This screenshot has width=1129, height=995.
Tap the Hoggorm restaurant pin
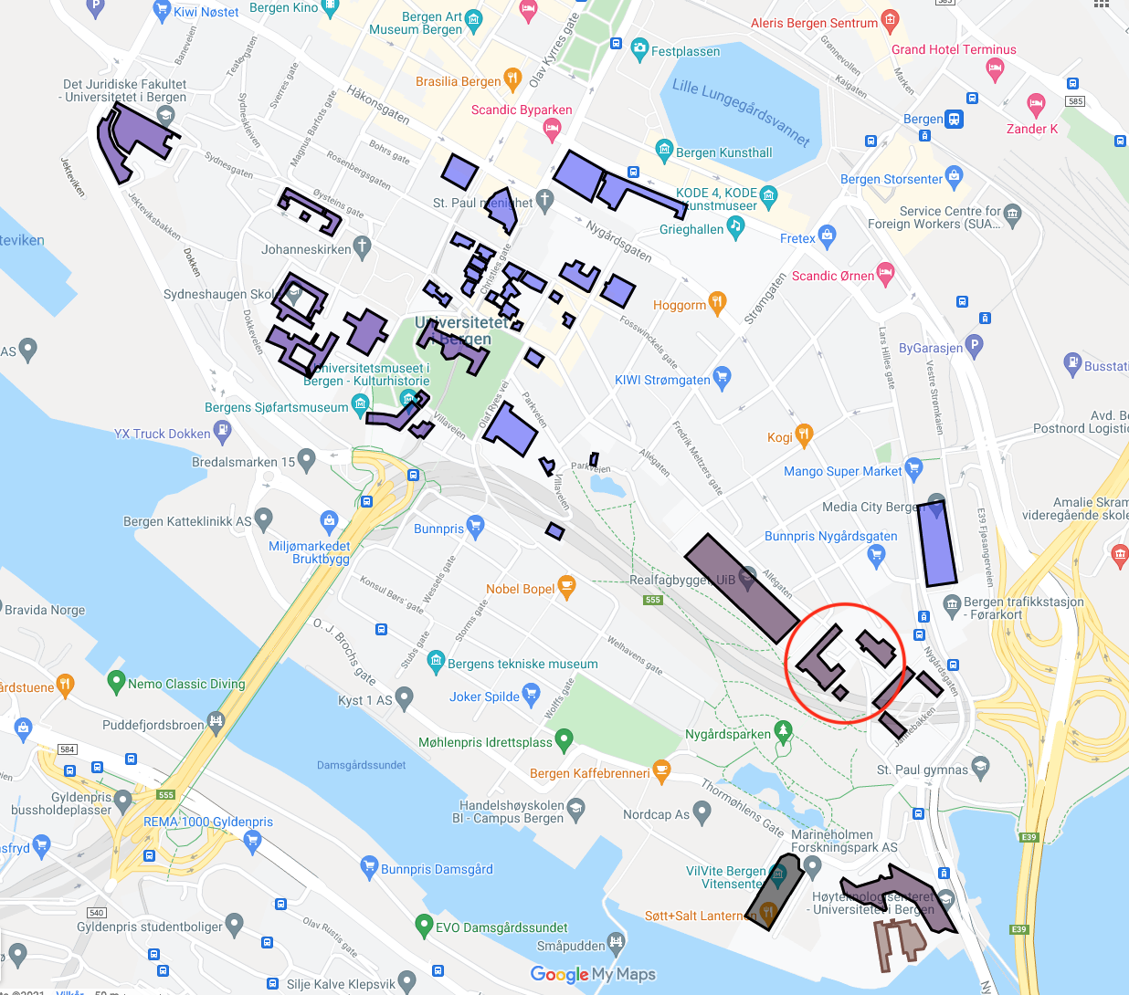[x=718, y=303]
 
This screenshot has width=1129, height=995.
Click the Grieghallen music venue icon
[x=735, y=227]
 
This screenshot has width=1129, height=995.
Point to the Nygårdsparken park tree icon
[x=783, y=730]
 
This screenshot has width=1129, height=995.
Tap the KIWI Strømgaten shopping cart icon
[x=722, y=377]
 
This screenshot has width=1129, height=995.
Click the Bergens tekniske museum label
[x=522, y=664]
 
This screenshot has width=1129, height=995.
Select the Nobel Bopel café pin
[x=566, y=587]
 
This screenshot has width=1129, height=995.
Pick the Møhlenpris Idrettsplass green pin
[x=564, y=739]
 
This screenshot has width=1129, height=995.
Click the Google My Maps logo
[x=593, y=974]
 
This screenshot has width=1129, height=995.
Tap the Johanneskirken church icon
[x=363, y=246]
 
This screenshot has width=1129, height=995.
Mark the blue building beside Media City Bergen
[x=938, y=543]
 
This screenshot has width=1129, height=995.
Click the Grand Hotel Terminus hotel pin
[x=996, y=68]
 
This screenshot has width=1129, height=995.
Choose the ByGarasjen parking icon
[x=975, y=346]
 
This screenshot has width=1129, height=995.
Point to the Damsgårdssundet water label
[x=361, y=765]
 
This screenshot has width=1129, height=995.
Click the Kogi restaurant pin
[x=804, y=435]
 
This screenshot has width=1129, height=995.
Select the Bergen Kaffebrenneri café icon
[x=662, y=771]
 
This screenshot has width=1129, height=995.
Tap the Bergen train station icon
[x=955, y=119]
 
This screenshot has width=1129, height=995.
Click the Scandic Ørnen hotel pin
[x=885, y=273]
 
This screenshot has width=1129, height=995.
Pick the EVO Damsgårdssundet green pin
[x=423, y=925]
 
